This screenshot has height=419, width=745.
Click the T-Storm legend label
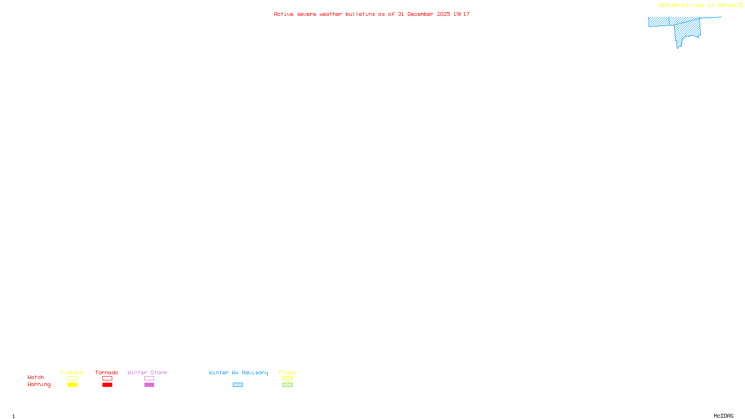(x=72, y=372)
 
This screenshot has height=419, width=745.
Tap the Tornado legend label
(x=107, y=372)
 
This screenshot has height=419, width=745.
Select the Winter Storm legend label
(x=147, y=372)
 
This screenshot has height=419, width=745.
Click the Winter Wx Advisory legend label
(x=238, y=372)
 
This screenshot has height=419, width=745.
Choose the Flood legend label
(x=287, y=372)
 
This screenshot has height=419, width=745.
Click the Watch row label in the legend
(x=36, y=378)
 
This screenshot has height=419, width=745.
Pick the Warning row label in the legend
(x=39, y=385)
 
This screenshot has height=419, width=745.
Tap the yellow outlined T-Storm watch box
(x=72, y=378)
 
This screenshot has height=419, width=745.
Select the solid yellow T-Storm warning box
(x=72, y=385)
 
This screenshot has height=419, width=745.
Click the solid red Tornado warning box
(x=108, y=385)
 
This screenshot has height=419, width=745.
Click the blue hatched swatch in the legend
(x=237, y=385)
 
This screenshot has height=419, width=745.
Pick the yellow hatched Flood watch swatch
(x=287, y=378)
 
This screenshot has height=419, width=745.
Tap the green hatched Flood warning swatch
(x=287, y=385)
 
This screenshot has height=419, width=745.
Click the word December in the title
(x=420, y=14)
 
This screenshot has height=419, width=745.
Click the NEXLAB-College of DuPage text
(x=698, y=6)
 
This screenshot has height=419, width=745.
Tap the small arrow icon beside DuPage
(x=741, y=5)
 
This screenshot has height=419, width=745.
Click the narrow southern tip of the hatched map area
(x=678, y=46)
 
